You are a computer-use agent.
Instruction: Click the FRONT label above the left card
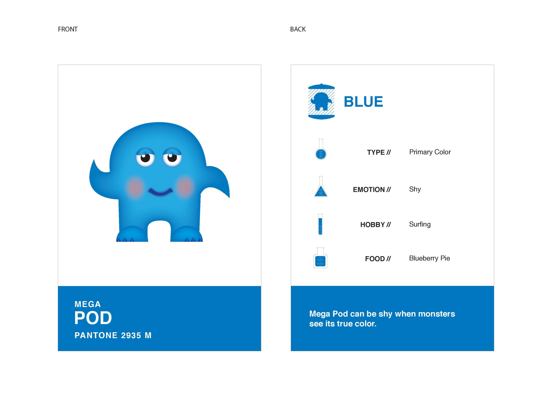(x=68, y=29)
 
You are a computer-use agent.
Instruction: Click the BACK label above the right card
(x=298, y=29)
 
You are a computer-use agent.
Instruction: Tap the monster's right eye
(x=172, y=157)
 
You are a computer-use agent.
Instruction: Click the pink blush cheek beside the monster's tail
(x=185, y=187)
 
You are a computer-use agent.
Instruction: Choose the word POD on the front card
(x=93, y=318)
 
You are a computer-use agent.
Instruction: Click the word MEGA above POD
(x=88, y=304)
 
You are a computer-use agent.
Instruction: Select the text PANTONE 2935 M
(x=113, y=335)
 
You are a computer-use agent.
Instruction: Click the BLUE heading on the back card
(x=363, y=102)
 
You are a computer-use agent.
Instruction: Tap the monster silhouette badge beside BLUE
(x=321, y=101)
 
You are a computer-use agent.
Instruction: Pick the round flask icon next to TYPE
(x=321, y=149)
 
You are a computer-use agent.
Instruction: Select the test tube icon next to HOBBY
(x=320, y=225)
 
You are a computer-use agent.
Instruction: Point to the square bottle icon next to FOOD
(x=320, y=258)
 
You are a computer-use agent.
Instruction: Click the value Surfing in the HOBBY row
(x=420, y=225)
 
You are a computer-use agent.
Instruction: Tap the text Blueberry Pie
(x=430, y=258)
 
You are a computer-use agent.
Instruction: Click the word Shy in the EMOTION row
(x=415, y=189)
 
